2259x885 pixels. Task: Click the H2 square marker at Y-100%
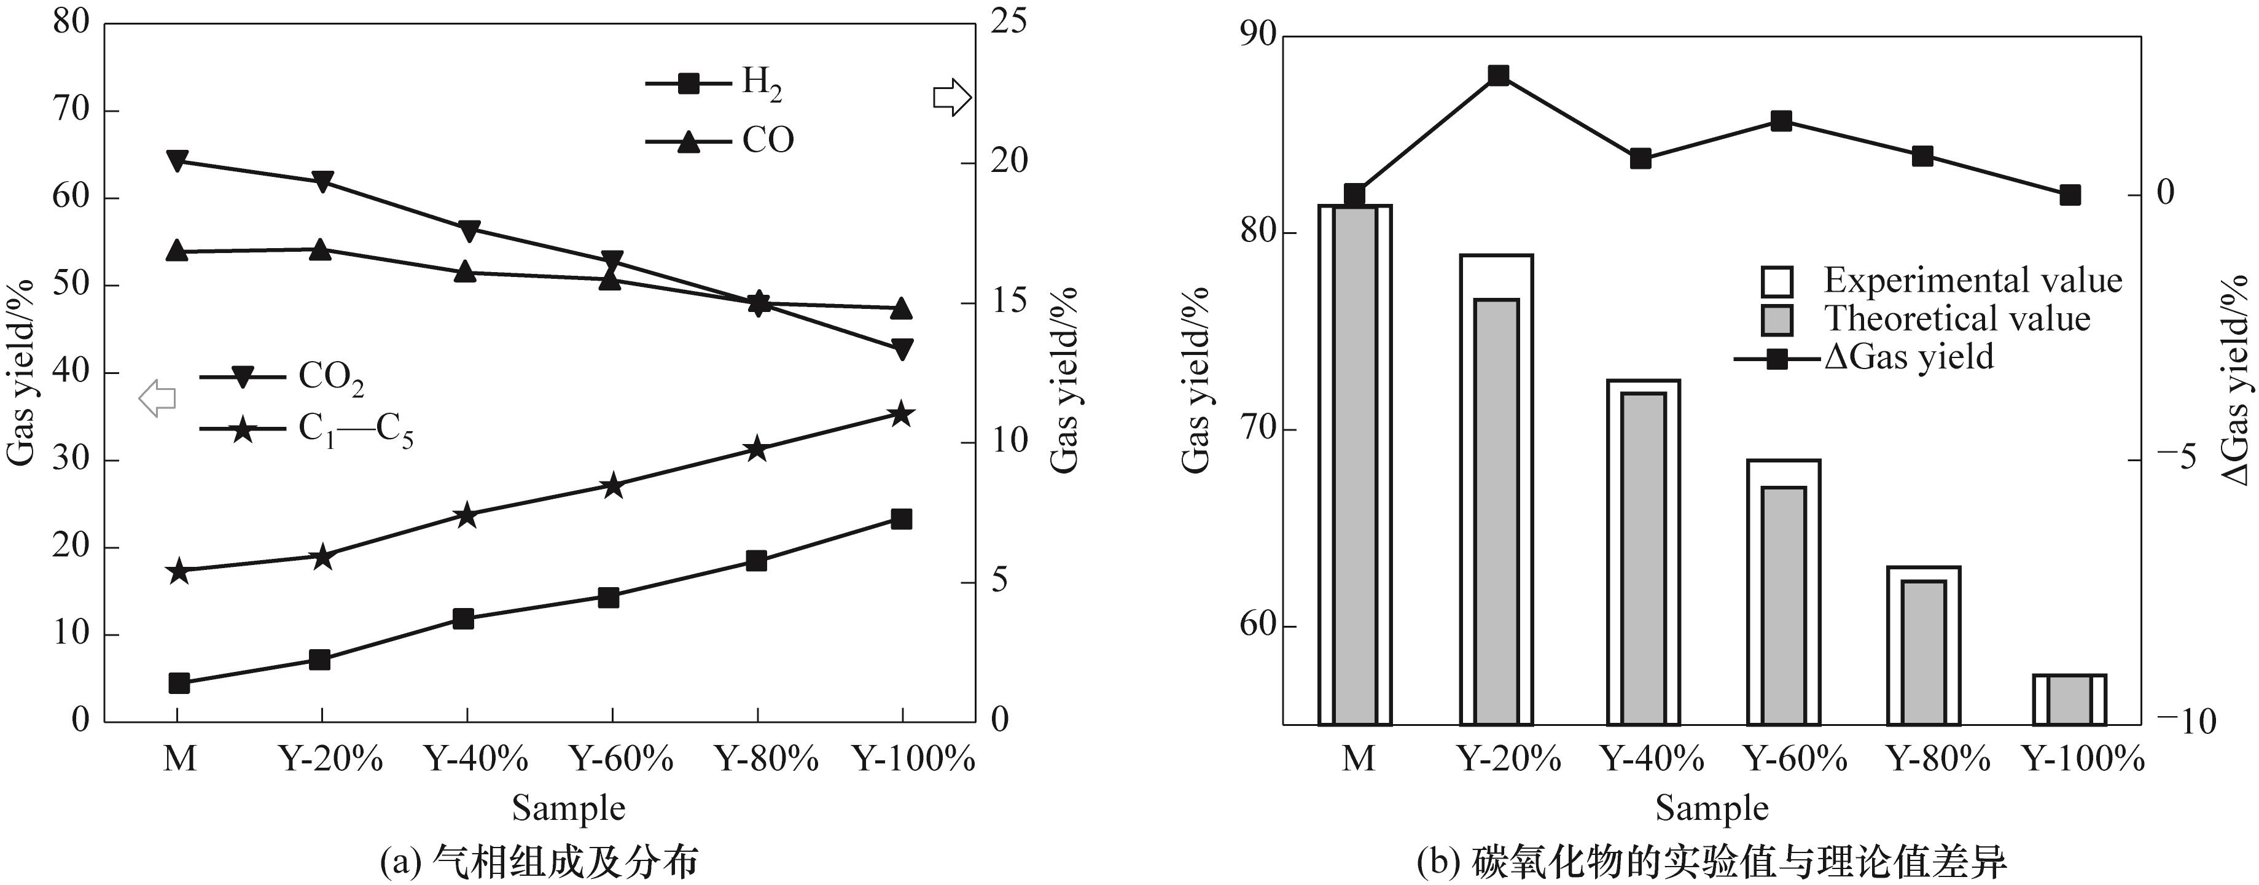[902, 519]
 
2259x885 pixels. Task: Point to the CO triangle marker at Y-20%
[321, 249]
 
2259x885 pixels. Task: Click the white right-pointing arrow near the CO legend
[951, 98]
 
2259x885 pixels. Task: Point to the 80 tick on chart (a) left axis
[72, 22]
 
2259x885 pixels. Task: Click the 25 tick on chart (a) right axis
[1008, 22]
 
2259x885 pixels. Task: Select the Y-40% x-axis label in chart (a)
[476, 758]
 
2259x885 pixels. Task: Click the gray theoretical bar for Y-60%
[1784, 605]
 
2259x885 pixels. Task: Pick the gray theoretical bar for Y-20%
[1496, 512]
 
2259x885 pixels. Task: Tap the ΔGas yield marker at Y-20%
[1499, 76]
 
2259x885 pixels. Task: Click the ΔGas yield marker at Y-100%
[2070, 195]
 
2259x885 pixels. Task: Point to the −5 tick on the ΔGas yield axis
[2174, 458]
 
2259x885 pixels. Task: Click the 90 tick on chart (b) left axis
[1257, 35]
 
